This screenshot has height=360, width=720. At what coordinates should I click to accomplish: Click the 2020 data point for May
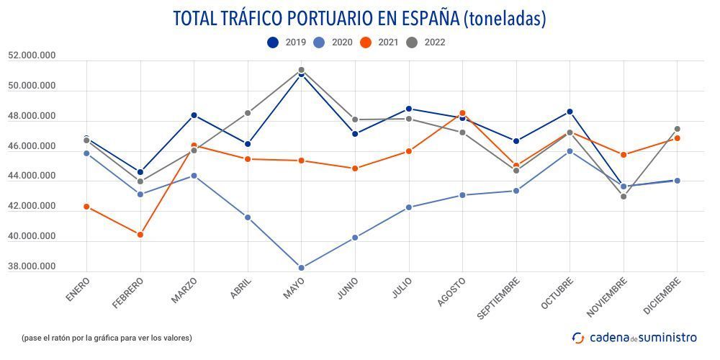(301, 268)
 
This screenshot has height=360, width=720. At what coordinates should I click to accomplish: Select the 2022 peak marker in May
(301, 70)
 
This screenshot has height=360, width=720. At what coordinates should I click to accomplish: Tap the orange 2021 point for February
(140, 235)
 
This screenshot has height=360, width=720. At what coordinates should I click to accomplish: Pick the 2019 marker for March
(194, 115)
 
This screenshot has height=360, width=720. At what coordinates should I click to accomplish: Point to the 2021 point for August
(462, 113)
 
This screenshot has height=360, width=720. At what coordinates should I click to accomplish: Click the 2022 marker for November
(624, 196)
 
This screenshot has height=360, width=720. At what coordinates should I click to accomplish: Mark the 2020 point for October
(570, 151)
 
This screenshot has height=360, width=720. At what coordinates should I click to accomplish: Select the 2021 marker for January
(87, 207)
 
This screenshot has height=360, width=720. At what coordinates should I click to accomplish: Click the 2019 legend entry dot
(273, 42)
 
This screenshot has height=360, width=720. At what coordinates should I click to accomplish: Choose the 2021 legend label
(388, 42)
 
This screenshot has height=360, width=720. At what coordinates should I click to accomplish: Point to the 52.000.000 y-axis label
(32, 55)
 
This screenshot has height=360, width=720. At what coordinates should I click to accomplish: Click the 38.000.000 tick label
(32, 266)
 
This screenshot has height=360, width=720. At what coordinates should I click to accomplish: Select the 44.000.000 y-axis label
(32, 176)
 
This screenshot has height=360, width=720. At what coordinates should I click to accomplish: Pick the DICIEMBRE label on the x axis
(661, 297)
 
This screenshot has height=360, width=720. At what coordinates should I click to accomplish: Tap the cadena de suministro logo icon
(578, 337)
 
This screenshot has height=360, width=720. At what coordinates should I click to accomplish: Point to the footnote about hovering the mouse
(107, 338)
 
